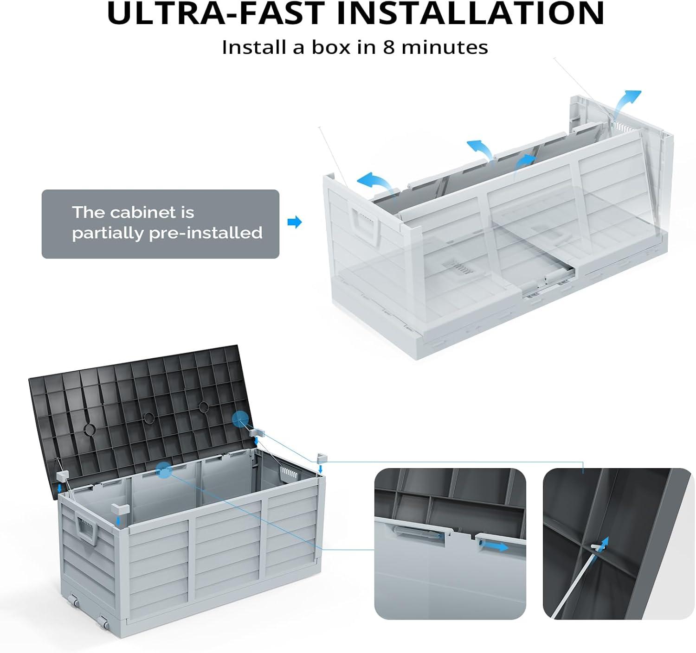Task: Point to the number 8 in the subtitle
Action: coord(389,47)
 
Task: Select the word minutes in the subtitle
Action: coord(445,47)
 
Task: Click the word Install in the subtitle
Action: coord(254,47)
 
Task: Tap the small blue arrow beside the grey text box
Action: coord(294,222)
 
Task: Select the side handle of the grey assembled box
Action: coord(86,531)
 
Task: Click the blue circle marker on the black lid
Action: coord(240,419)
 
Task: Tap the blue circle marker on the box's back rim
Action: coord(164,469)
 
